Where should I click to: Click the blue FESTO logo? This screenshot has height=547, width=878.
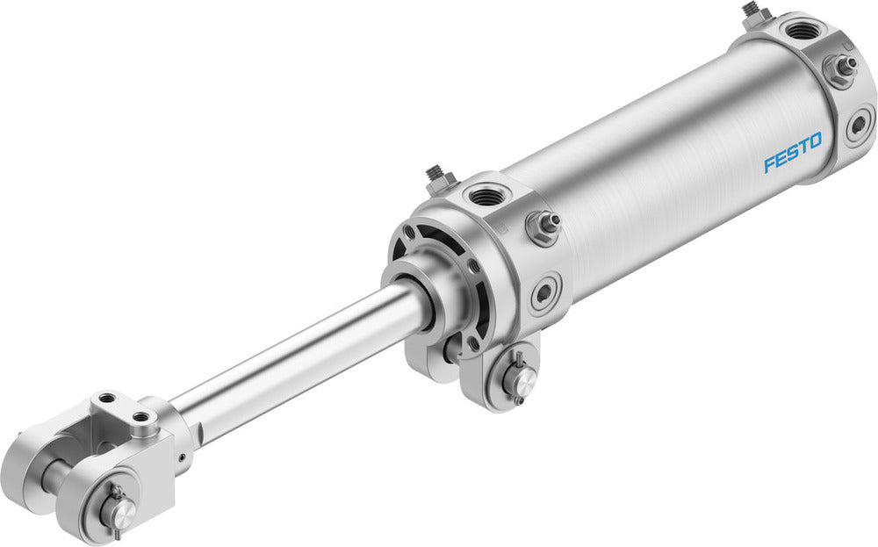click(792, 152)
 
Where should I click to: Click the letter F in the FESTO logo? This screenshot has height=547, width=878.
click(768, 163)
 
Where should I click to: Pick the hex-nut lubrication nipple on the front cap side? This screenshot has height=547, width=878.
click(543, 226)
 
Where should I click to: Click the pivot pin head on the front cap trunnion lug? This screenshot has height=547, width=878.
click(520, 378)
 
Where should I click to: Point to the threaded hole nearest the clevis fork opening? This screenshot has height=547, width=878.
click(109, 399)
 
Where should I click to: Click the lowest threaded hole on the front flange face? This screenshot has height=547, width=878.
click(474, 345)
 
